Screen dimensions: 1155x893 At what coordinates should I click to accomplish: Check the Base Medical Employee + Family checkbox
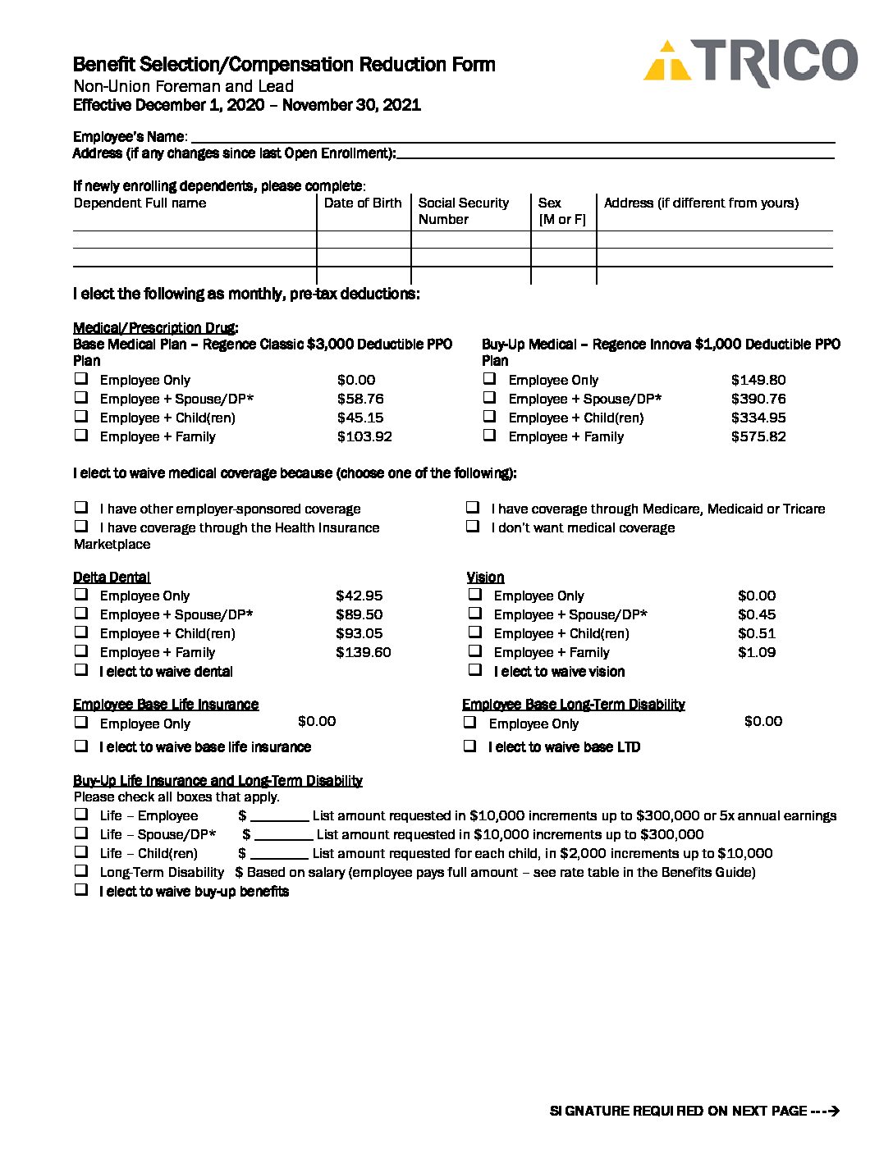pyautogui.click(x=81, y=436)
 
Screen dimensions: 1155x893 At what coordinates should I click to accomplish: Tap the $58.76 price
pyautogui.click(x=359, y=399)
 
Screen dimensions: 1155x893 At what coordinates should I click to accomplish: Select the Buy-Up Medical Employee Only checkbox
pyautogui.click(x=489, y=379)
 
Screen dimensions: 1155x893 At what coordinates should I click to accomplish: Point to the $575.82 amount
pyautogui.click(x=758, y=436)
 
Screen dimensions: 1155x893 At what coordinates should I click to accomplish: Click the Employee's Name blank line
pyautogui.click(x=512, y=138)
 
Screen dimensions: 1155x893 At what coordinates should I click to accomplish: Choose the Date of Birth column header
pyautogui.click(x=363, y=203)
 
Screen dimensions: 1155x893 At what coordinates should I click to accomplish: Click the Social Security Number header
pyautogui.click(x=463, y=211)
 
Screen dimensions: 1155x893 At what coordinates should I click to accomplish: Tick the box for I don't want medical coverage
pyautogui.click(x=473, y=527)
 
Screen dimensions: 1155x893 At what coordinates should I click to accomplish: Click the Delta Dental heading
pyautogui.click(x=112, y=577)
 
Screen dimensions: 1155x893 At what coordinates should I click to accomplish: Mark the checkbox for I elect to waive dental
pyautogui.click(x=81, y=670)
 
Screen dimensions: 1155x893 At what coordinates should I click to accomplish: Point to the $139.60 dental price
pyautogui.click(x=363, y=652)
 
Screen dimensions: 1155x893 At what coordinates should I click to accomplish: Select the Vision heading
pyautogui.click(x=485, y=577)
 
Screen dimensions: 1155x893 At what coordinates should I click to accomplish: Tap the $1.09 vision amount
pyautogui.click(x=756, y=652)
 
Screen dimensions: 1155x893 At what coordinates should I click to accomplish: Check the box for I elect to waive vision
pyautogui.click(x=475, y=670)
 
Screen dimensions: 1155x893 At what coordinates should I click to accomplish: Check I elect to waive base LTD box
pyautogui.click(x=470, y=746)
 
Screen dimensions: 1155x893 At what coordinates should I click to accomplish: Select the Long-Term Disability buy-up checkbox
pyautogui.click(x=81, y=871)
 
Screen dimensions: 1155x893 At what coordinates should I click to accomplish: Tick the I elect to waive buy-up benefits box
pyautogui.click(x=81, y=890)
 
